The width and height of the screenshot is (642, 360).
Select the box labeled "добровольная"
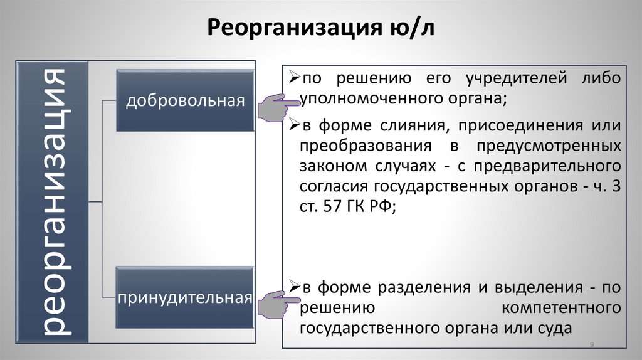coord(184,101)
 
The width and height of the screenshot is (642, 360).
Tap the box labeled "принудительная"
coord(184,297)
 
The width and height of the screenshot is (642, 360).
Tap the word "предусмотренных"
coord(549,146)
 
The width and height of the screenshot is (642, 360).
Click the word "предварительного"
coord(547,167)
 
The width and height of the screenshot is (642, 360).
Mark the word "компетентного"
coord(561,308)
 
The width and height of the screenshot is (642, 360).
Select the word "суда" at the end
coord(556,329)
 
